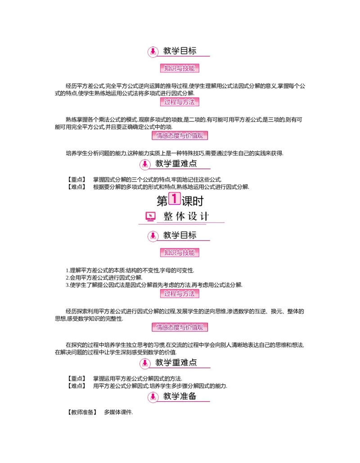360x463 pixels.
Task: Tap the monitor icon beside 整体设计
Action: (x=151, y=217)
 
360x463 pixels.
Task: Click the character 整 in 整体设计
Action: (x=168, y=217)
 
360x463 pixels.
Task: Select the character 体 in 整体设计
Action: (x=180, y=217)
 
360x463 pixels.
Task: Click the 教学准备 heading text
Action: (x=180, y=396)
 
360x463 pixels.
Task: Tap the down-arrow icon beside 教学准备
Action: (x=153, y=397)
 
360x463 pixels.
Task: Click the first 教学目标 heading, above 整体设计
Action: (x=180, y=51)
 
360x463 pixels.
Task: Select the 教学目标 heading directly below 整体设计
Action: (x=180, y=235)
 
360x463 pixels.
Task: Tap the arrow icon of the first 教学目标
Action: (x=153, y=51)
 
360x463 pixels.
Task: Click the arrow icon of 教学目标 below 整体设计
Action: (x=153, y=236)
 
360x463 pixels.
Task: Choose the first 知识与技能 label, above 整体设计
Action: (x=180, y=69)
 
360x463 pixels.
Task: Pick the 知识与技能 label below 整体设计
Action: (x=180, y=253)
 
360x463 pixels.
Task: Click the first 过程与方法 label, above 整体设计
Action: (x=180, y=102)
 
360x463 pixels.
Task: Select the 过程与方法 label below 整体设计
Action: (x=180, y=294)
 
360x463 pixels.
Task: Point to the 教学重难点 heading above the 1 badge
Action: (x=176, y=163)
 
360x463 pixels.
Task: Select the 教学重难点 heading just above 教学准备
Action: (x=176, y=362)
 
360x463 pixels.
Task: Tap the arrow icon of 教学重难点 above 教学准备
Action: (x=145, y=363)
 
